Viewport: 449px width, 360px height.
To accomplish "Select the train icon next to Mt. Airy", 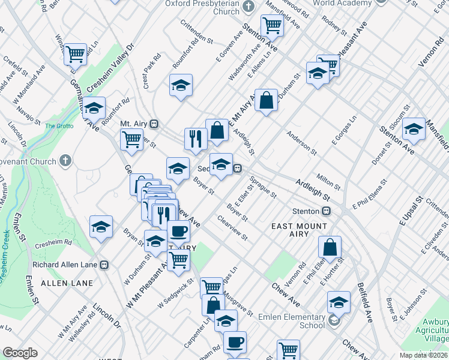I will pyautogui.click(x=154, y=124).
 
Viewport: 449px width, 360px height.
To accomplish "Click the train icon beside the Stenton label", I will pyautogui.click(x=327, y=211).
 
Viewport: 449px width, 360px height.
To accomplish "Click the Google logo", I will pyautogui.click(x=20, y=353).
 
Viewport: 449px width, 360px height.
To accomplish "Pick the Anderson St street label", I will pyautogui.click(x=301, y=142).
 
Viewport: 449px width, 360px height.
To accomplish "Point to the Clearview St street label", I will pyautogui.click(x=233, y=229).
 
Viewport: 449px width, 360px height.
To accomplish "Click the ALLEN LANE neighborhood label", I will pyautogui.click(x=67, y=283).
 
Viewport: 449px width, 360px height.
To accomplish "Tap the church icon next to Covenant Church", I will pyautogui.click(x=65, y=161).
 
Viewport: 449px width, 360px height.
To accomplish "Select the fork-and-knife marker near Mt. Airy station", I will pyautogui.click(x=196, y=139).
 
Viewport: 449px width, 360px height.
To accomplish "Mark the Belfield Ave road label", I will pyautogui.click(x=364, y=302).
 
